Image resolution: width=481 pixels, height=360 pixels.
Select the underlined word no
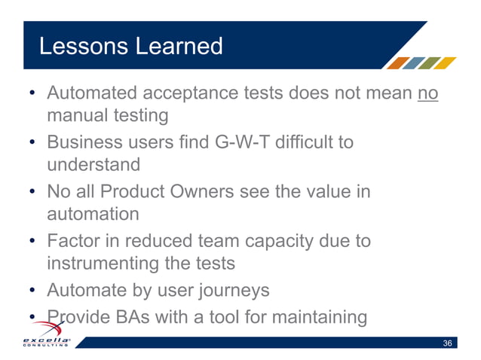click(427, 95)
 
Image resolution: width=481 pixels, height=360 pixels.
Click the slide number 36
click(447, 343)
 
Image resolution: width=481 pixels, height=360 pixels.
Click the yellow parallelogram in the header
click(446, 63)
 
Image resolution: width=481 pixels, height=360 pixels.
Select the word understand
click(93, 163)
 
